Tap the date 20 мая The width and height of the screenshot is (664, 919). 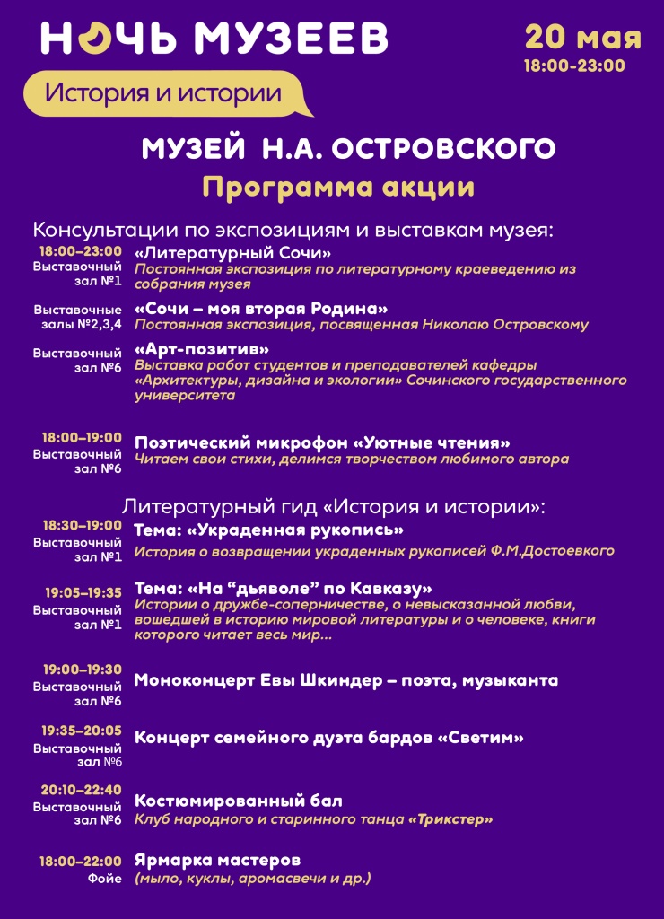pos(582,37)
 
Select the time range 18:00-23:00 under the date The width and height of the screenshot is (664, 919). pos(574,66)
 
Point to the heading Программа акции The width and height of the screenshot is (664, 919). pos(338,187)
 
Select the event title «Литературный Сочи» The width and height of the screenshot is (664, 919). pos(233,253)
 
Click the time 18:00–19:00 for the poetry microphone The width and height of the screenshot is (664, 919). pos(82,438)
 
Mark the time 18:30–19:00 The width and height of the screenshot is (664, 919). pos(82,526)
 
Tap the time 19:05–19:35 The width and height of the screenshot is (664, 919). pos(83,592)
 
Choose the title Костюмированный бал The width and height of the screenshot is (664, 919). pos(239,801)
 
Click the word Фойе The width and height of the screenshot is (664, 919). pos(104,879)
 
